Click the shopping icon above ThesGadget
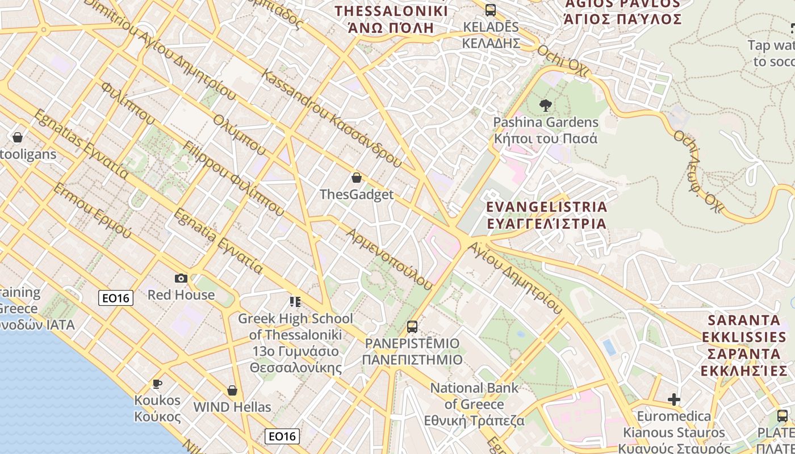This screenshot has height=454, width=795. click(x=357, y=178)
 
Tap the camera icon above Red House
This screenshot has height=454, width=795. click(x=181, y=278)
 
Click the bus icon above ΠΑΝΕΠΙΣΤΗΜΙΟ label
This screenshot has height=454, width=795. click(x=412, y=327)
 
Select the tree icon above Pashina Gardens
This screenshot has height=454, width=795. click(x=546, y=105)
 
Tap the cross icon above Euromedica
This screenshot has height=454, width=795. click(x=674, y=400)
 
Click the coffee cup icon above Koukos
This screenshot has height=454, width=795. click(x=157, y=384)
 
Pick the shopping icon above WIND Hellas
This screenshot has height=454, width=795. click(x=232, y=390)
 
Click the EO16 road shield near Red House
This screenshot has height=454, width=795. click(x=116, y=298)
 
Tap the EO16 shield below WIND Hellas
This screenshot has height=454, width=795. click(x=282, y=436)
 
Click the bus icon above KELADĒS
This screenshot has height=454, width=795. click(x=490, y=10)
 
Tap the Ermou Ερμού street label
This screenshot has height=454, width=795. click(x=92, y=211)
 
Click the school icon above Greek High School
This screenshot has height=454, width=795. click(x=295, y=301)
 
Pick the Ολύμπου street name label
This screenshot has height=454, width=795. click(x=240, y=134)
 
